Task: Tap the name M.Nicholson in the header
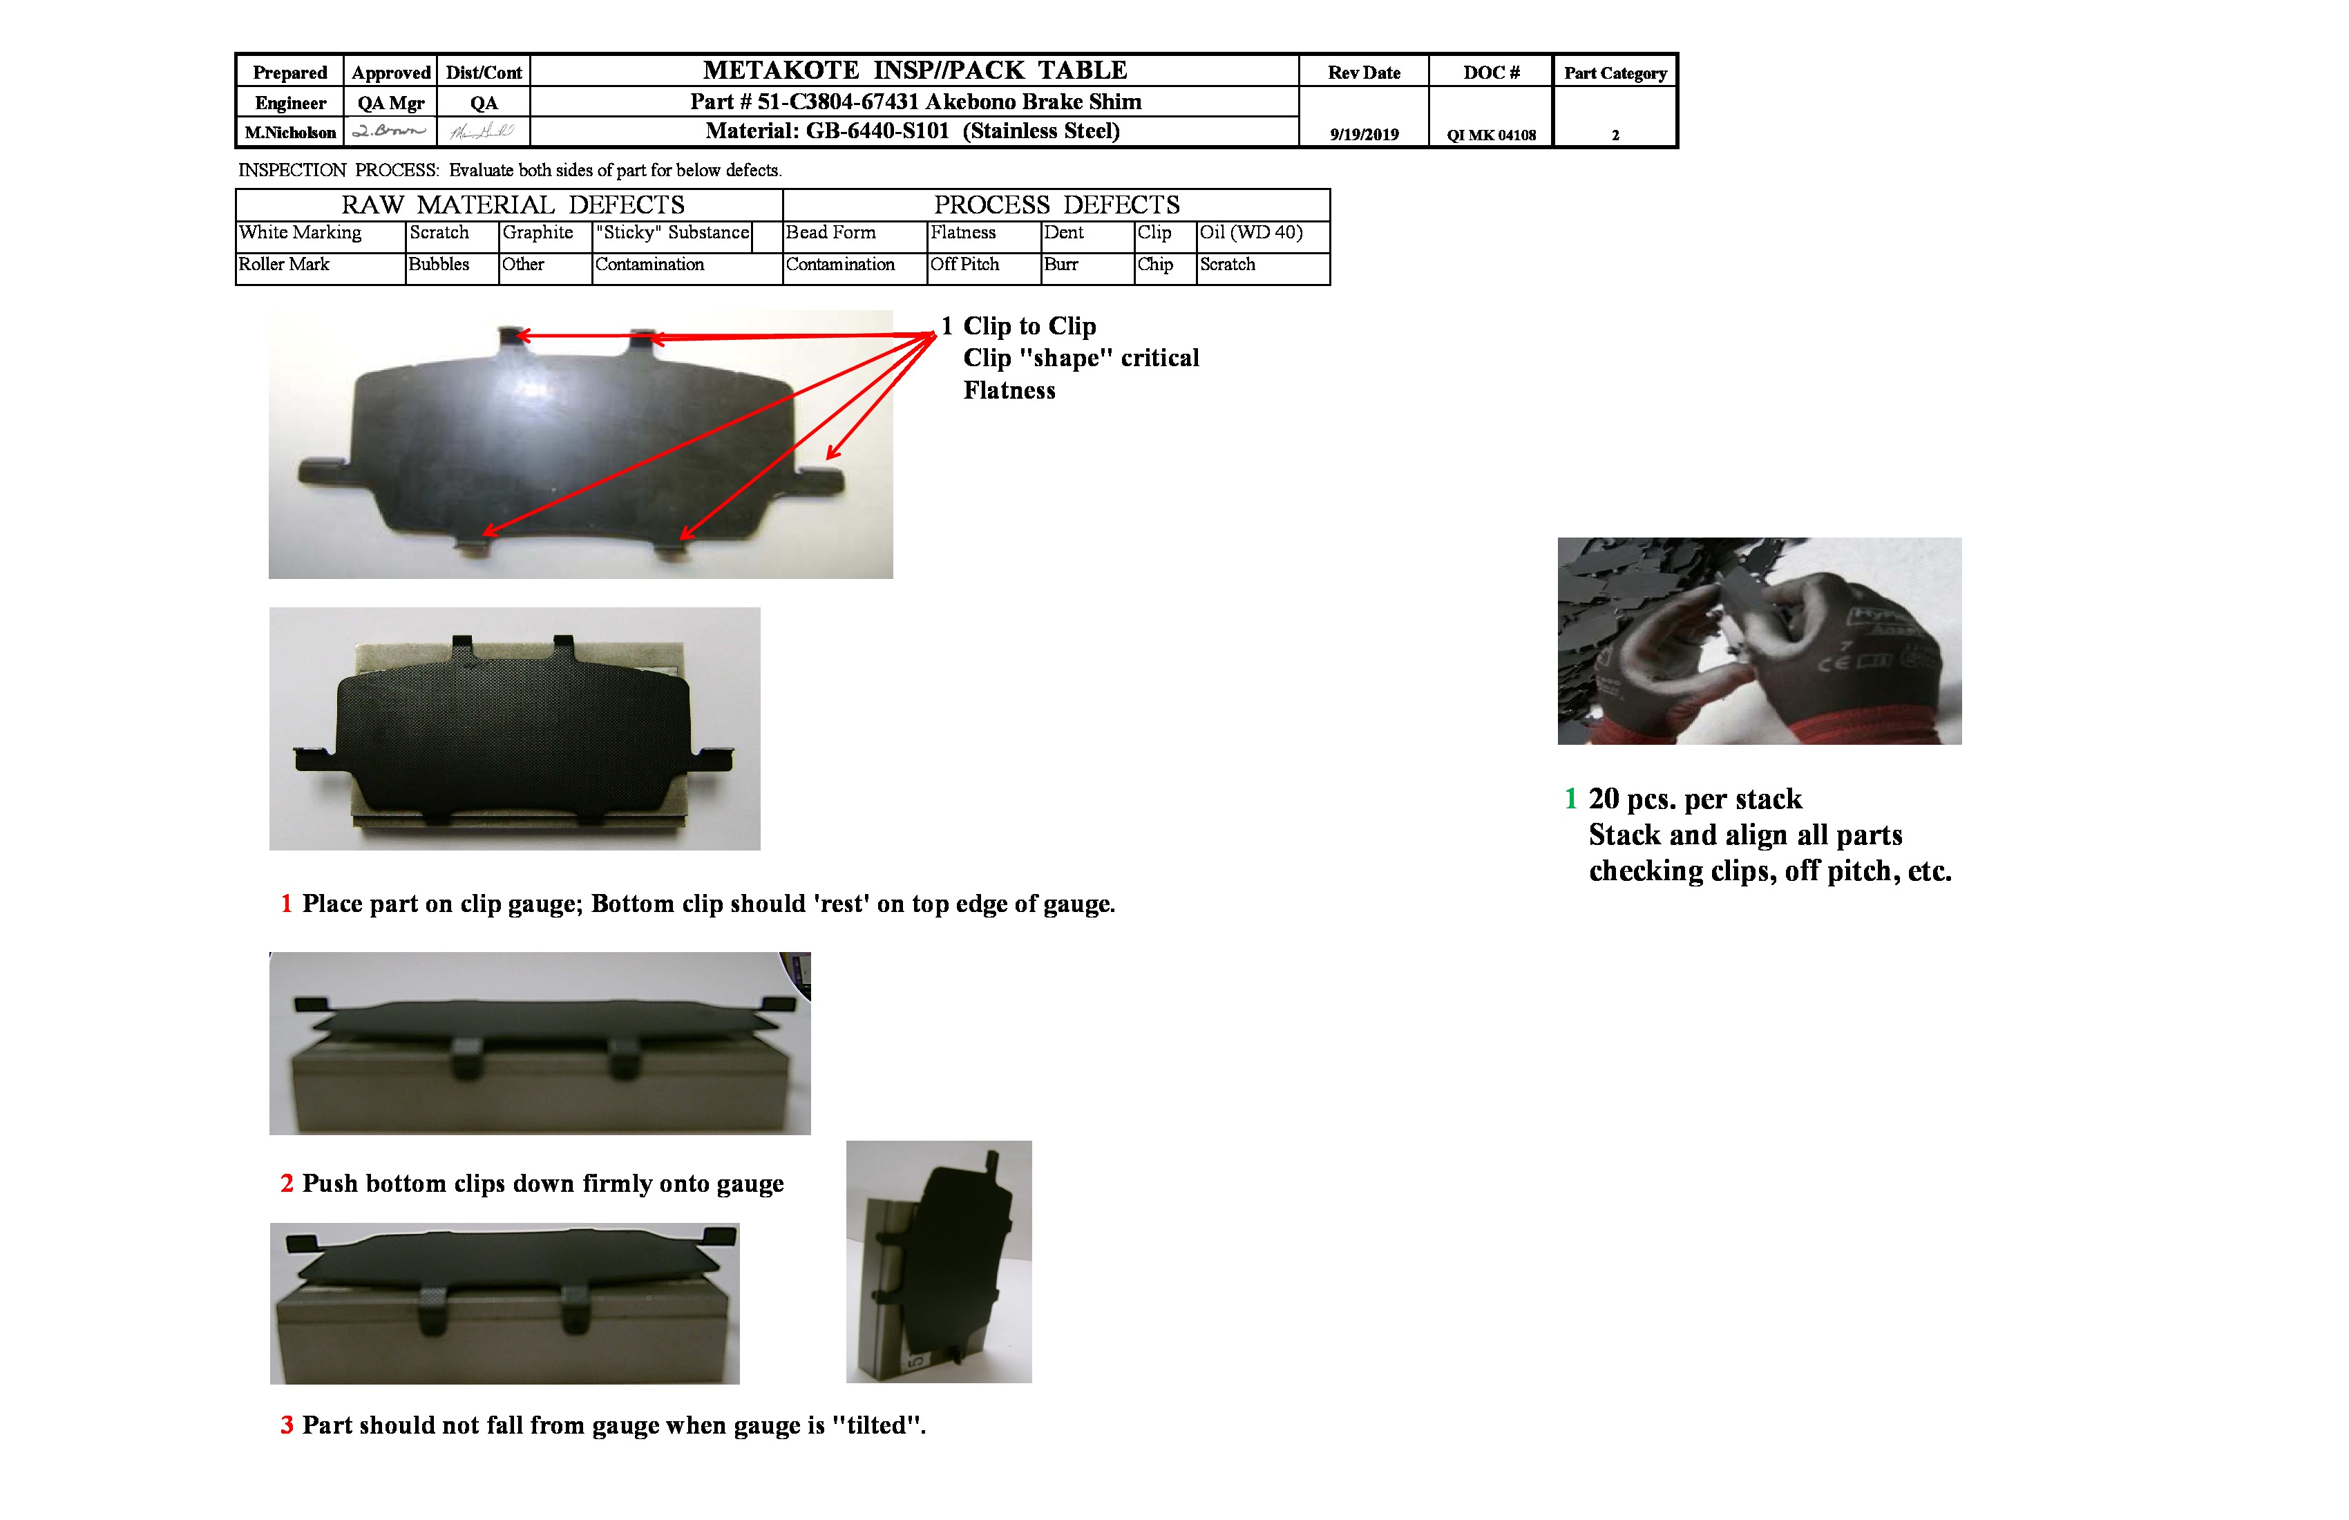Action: (290, 132)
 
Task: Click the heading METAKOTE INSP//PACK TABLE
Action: (914, 70)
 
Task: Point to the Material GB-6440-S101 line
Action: (912, 131)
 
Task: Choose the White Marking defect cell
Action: (301, 233)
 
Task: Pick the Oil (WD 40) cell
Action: (1250, 233)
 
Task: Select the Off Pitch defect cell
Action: (964, 265)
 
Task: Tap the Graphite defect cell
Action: (538, 233)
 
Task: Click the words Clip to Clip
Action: (1029, 327)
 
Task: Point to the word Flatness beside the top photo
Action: (1009, 391)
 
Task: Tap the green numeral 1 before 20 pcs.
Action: (1570, 799)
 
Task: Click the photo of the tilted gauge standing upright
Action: (939, 1262)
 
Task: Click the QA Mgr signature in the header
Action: (390, 131)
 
